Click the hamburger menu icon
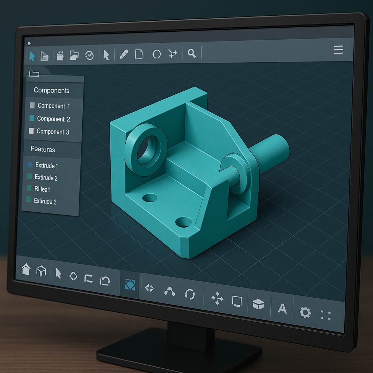[x=338, y=50]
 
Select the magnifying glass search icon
[x=192, y=54]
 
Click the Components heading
[x=51, y=90]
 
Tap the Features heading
[x=43, y=149]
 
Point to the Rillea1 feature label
[x=42, y=189]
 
